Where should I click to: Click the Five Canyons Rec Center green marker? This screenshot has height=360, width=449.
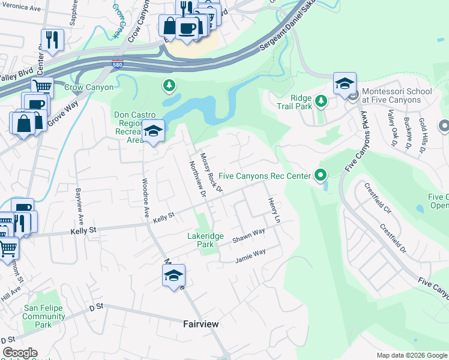point(321,176)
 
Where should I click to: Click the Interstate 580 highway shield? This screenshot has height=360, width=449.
point(118,63)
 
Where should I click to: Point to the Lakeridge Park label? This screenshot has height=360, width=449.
point(205,240)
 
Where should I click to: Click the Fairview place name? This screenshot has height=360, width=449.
point(200,324)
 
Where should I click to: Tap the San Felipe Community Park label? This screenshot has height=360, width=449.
point(44,316)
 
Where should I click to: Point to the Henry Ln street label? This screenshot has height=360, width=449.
point(273,211)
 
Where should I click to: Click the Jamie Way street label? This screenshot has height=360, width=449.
point(250,255)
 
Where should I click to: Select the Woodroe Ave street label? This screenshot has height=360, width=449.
point(145,197)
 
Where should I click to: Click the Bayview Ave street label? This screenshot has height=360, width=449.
point(78,204)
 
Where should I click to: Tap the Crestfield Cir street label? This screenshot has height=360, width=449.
point(377,199)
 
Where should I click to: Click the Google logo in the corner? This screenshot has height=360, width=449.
point(20,353)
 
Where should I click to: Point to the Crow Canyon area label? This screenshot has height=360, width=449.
point(89,88)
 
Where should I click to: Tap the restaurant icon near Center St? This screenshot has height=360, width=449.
point(52,40)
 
